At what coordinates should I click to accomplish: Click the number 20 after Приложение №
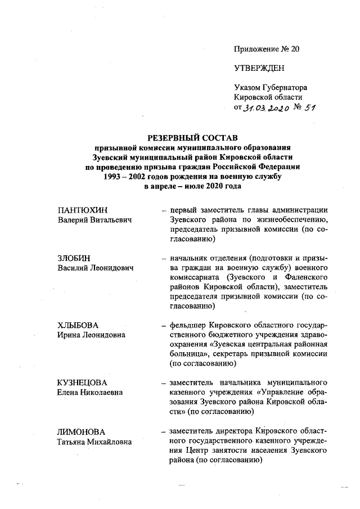(x=294, y=49)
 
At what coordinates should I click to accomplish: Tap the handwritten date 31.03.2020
(x=266, y=108)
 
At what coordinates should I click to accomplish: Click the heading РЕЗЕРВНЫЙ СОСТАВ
(x=193, y=137)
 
